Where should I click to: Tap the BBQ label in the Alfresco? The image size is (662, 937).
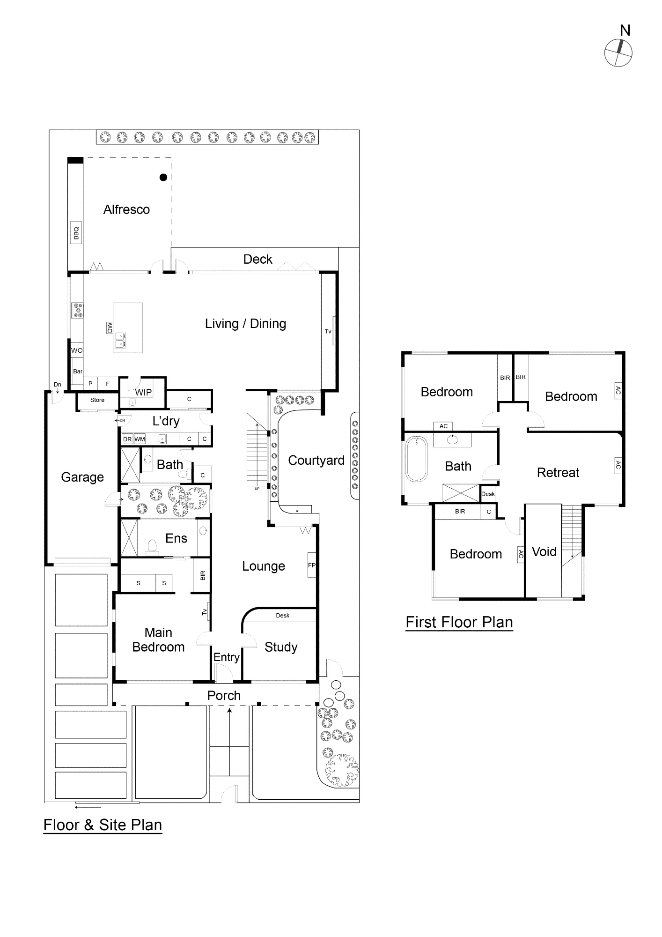(76, 232)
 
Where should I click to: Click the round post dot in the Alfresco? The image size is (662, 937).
(163, 177)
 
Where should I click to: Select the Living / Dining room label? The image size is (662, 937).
(245, 324)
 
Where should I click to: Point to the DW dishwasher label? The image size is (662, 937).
(110, 327)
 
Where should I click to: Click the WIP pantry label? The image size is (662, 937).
(143, 392)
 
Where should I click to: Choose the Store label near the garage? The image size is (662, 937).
(97, 400)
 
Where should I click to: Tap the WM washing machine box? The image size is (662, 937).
(140, 439)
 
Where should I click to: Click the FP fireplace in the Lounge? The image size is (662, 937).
(312, 565)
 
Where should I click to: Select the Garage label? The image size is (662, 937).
(82, 477)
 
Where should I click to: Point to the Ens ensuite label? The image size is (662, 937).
(176, 538)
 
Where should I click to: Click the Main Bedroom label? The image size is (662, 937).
(158, 640)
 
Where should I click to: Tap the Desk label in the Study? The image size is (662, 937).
(283, 616)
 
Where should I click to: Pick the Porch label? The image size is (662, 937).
(224, 696)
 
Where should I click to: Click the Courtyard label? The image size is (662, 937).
(316, 461)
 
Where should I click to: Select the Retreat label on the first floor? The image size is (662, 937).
(558, 473)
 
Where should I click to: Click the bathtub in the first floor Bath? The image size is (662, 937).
(417, 459)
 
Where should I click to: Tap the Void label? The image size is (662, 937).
(544, 552)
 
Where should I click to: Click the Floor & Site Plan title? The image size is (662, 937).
(103, 825)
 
